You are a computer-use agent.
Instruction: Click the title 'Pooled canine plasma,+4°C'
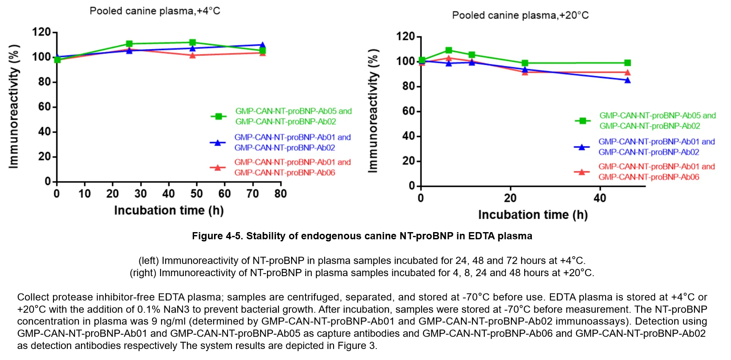pos(155,11)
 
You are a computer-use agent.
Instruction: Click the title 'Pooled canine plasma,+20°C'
pos(520,16)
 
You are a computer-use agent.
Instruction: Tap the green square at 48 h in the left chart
pos(192,42)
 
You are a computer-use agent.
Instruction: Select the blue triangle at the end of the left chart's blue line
pos(262,45)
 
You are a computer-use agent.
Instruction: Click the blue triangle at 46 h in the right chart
pos(628,80)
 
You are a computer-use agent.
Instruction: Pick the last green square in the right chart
pos(628,63)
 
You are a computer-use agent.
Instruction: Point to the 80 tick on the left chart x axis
pos(281,194)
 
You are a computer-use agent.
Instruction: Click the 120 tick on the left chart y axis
pos(42,32)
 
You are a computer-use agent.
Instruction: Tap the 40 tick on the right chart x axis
pos(600,198)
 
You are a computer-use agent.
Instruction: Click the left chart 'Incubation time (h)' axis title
pos(169,210)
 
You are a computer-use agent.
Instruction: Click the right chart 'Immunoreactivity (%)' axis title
pos(373,111)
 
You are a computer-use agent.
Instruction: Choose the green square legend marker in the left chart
pos(219,116)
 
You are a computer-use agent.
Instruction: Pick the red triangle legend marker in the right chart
pos(582,172)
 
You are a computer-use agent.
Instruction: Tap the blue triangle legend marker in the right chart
pos(582,147)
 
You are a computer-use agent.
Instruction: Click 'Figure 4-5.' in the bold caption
pos(217,236)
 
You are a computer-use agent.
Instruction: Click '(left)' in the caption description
pos(148,260)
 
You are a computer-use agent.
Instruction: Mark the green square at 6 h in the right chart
pos(449,50)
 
